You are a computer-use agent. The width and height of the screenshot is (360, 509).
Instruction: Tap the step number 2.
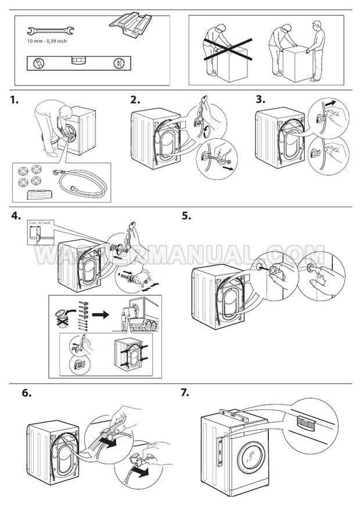135,100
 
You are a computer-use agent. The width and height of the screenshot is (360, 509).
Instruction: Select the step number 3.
261,100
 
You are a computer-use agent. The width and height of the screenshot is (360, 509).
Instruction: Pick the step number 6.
26,392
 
